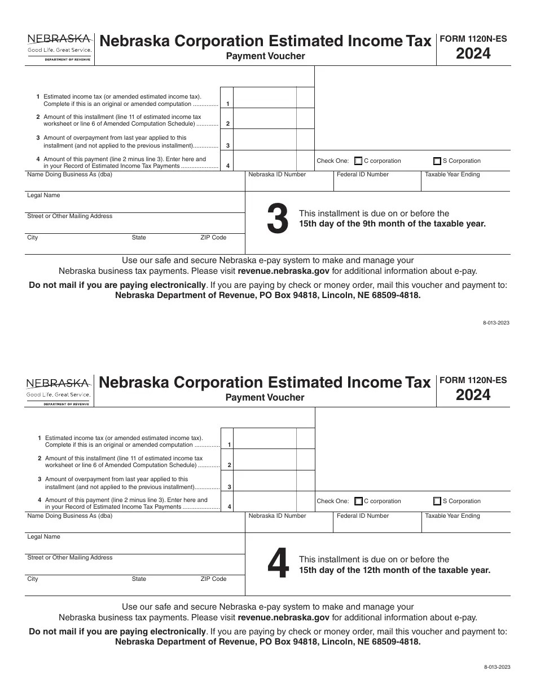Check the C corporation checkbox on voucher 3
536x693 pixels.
[x=358, y=161]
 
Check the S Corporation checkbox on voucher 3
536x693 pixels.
[x=437, y=161]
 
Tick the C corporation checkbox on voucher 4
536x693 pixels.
[x=358, y=501]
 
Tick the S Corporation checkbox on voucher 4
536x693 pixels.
[x=437, y=501]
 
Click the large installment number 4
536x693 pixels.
[x=278, y=565]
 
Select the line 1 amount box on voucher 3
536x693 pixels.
[x=265, y=97]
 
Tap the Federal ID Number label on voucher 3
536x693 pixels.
[x=363, y=175]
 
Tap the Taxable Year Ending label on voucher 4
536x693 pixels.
[x=452, y=516]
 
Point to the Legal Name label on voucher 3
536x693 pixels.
[x=43, y=196]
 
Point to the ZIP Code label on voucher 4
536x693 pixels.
[x=213, y=579]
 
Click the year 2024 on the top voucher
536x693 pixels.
[x=473, y=54]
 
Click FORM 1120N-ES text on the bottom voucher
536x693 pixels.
[x=473, y=380]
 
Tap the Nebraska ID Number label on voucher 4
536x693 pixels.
[x=277, y=516]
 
